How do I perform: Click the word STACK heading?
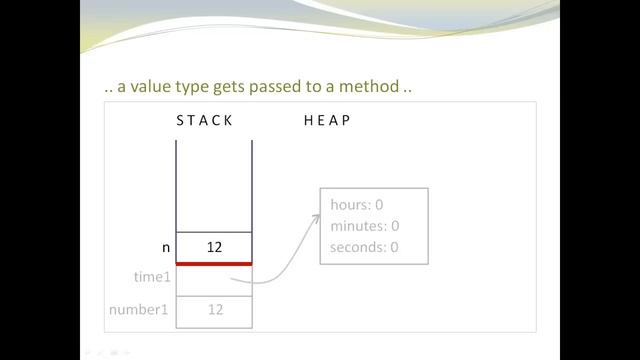204,121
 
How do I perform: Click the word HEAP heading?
327,121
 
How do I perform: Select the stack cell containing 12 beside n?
214,246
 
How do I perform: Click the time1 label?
152,277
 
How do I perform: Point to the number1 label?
138,310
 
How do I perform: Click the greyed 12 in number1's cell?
214,310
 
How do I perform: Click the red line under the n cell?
214,263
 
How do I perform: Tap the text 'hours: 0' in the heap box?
357,205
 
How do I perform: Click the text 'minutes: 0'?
364,226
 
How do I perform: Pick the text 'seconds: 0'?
364,247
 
